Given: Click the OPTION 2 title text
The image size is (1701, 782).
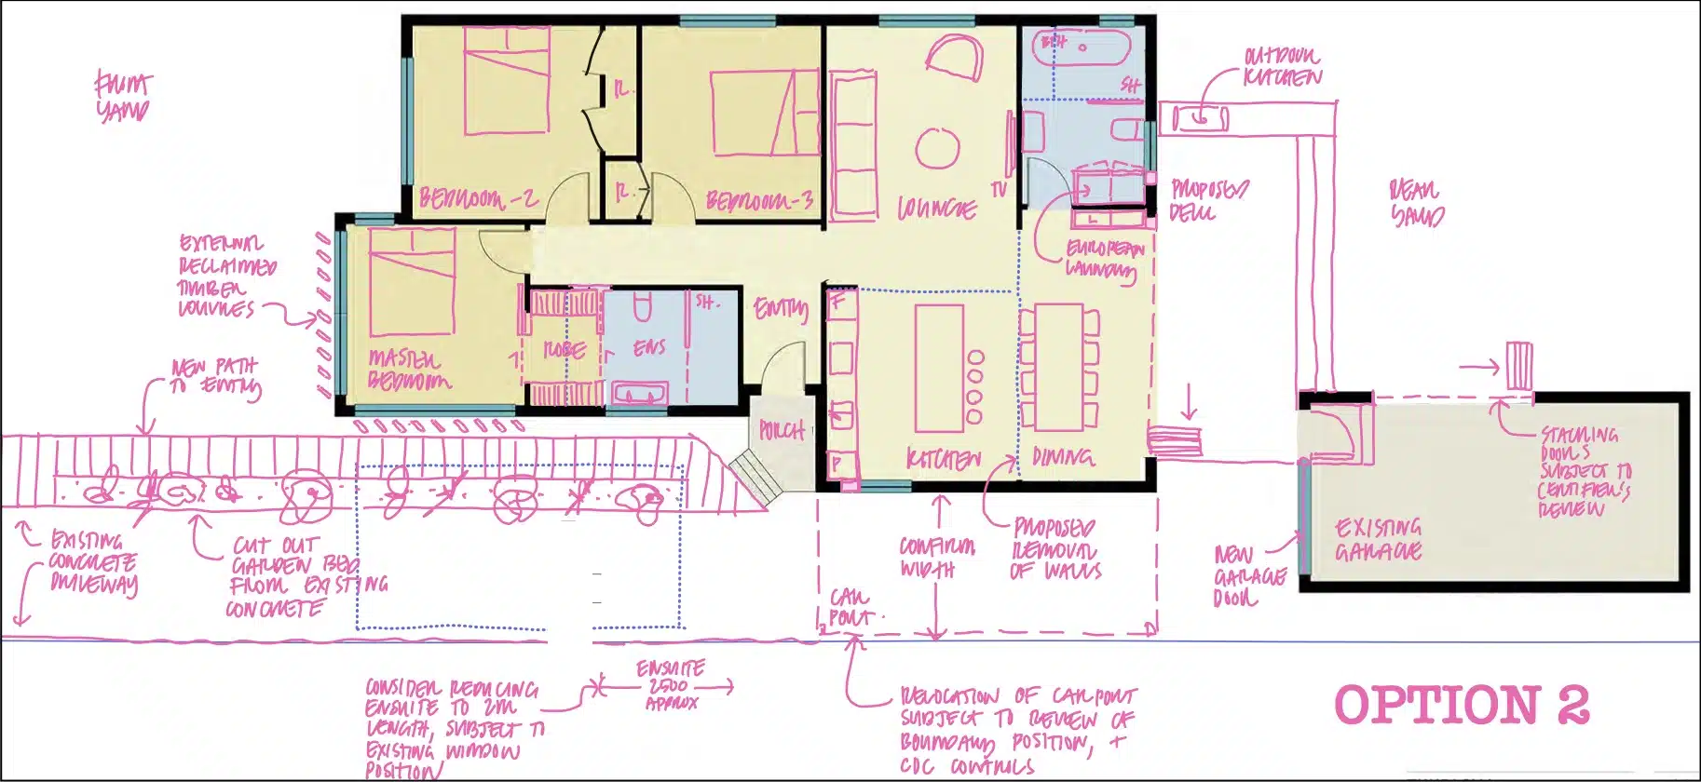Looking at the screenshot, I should click(x=1461, y=705).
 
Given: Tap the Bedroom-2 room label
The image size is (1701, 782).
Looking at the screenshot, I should click(x=478, y=198).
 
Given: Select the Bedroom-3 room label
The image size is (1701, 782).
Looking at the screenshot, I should click(x=759, y=200).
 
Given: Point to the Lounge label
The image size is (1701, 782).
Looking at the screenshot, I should click(x=936, y=209).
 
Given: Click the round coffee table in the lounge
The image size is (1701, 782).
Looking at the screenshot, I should click(x=937, y=148).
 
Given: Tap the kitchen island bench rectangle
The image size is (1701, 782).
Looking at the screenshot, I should click(x=938, y=369).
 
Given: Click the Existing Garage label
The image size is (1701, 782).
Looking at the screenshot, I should click(x=1378, y=539).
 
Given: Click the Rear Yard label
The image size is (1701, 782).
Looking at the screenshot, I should click(x=1416, y=204).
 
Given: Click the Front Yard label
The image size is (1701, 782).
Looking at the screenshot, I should click(x=122, y=97).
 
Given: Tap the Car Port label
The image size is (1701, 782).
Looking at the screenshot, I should click(x=850, y=606).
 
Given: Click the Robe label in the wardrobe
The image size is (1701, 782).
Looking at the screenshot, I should click(x=565, y=351).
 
